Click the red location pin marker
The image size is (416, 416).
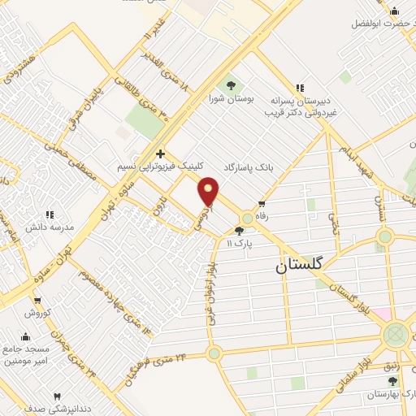209,192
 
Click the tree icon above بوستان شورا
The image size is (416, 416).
231,84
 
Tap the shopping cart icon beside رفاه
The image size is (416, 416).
261,204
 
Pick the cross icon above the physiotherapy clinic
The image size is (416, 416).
160,153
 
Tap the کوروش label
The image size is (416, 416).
37,312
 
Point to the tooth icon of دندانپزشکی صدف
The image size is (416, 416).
56,396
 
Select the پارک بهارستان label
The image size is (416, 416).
393,394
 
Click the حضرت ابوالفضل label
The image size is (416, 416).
382,23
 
